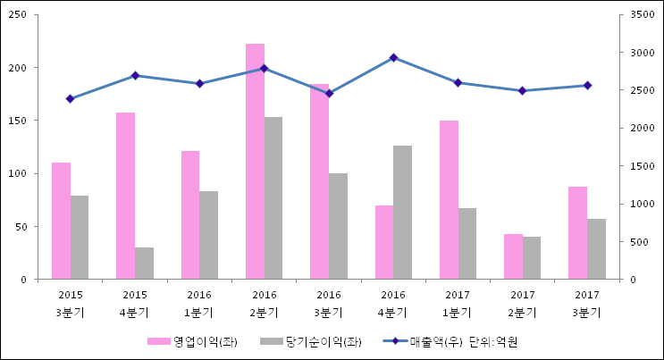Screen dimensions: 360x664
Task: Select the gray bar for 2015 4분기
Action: [144, 264]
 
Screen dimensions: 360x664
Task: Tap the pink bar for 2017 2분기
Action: [513, 256]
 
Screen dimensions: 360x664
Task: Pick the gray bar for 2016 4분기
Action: [402, 213]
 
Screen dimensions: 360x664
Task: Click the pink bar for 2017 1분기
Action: [449, 200]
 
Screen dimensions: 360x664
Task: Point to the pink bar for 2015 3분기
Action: [61, 221]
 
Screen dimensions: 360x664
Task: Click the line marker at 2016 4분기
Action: [393, 57]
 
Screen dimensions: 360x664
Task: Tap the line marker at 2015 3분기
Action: [70, 98]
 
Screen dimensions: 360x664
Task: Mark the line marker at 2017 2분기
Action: [522, 90]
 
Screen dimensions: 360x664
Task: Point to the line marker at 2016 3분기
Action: [329, 93]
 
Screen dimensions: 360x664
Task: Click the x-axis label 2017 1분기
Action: [458, 304]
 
